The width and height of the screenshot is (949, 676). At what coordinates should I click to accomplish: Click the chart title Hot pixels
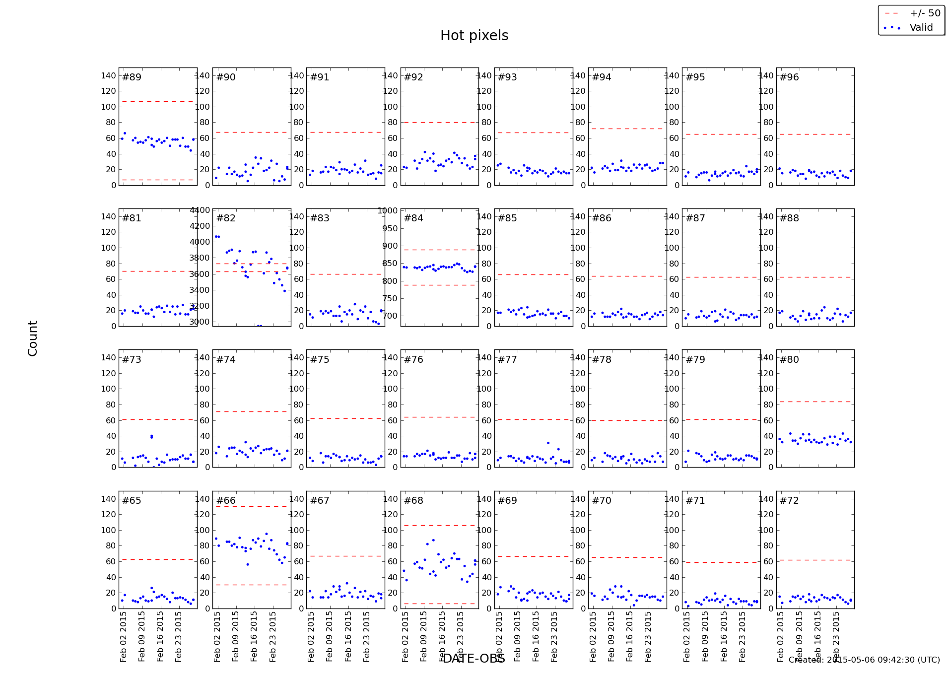474,36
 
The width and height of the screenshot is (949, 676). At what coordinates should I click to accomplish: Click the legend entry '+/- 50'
925,13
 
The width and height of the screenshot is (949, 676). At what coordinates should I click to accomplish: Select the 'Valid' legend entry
921,28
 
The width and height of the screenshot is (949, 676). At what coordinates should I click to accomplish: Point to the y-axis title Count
33,338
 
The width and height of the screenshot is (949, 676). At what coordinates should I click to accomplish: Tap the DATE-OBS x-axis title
474,659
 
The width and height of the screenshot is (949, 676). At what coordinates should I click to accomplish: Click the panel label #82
226,218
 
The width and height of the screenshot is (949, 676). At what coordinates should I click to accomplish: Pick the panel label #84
413,218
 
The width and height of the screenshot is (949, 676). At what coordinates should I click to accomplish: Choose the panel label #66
226,501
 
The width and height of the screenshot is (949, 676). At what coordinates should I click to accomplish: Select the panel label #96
789,77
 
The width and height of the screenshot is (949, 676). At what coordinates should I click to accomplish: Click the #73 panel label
132,360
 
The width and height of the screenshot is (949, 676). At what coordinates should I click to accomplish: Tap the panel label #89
132,77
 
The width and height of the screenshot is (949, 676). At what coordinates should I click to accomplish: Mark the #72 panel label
789,501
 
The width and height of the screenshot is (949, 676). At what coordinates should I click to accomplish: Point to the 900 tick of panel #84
391,246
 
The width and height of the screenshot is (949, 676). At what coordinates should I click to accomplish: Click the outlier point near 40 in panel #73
151,436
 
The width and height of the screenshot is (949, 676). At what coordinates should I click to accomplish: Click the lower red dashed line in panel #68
439,604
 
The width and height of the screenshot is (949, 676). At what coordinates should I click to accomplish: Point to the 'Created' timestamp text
864,660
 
